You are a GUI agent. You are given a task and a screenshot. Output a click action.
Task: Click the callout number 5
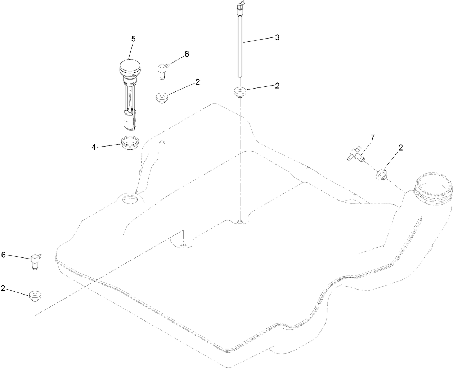click(x=133, y=39)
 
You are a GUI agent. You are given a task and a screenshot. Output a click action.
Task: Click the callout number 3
click(x=277, y=37)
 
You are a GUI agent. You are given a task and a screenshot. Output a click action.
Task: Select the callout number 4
click(x=94, y=147)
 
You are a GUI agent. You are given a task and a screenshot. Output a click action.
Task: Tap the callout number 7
click(x=372, y=138)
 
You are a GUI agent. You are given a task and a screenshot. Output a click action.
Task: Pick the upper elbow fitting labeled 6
click(x=163, y=69)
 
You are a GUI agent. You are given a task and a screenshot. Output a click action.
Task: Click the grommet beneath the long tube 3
click(x=240, y=92)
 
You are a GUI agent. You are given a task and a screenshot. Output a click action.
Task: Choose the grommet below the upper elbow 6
click(x=162, y=98)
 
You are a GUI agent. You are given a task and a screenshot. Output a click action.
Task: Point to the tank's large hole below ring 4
click(x=130, y=199)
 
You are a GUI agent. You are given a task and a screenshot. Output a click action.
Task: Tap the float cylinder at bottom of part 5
click(x=129, y=121)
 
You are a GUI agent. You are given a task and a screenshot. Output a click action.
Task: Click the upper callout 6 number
click(x=187, y=54)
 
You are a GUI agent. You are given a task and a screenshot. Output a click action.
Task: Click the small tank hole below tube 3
click(x=240, y=221)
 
